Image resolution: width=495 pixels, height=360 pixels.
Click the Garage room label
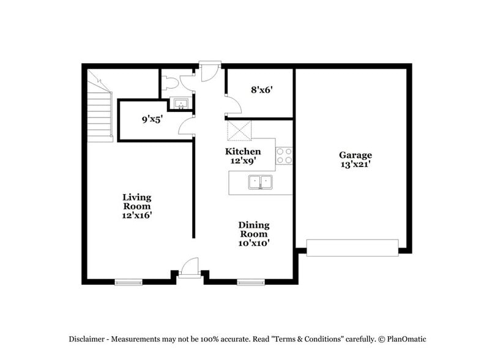click(355, 156)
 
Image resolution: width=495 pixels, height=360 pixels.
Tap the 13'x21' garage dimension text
click(355, 164)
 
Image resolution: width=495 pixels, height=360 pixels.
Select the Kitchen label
click(243, 151)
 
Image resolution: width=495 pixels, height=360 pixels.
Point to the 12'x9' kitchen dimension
click(243, 160)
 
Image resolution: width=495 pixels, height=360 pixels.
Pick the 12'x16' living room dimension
click(136, 215)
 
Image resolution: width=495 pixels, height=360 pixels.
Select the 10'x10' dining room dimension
click(253, 242)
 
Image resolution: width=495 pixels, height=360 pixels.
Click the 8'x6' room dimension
click(261, 89)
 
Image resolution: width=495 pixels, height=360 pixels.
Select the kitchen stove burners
click(283, 156)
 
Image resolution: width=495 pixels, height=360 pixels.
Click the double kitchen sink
click(260, 182)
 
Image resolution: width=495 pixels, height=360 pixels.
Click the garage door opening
click(352, 247)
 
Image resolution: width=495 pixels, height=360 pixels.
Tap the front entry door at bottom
click(190, 268)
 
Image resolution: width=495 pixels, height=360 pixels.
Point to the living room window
click(128, 282)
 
